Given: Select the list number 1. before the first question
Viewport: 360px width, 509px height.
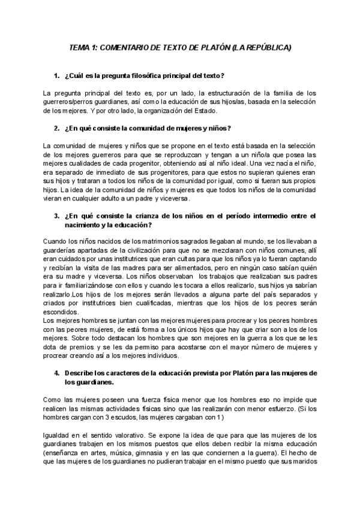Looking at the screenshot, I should pos(56,76).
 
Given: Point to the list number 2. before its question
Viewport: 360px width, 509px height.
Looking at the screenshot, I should pos(56,128).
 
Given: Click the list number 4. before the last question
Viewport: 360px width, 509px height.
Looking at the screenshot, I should pos(56,373).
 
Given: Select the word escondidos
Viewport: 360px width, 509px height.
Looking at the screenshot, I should pos(61,312).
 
